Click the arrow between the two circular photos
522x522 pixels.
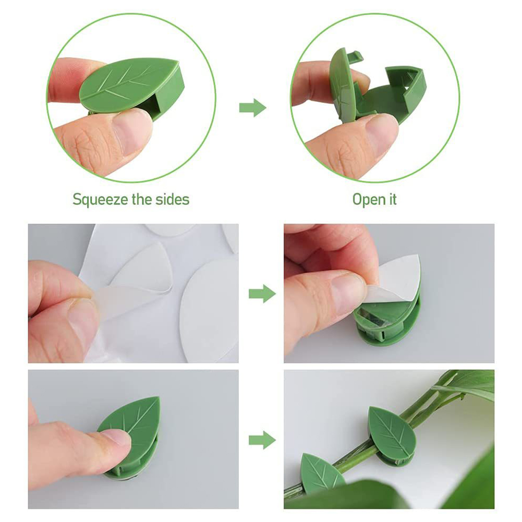(253, 107)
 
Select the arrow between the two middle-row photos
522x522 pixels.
(262, 293)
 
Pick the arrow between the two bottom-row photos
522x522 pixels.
(262, 440)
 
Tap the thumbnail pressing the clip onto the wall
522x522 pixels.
(115, 440)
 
